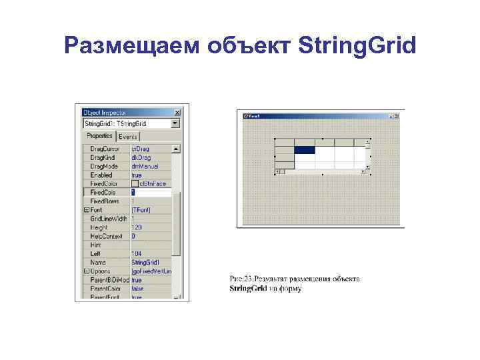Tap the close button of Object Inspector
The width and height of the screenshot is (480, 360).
coord(177,113)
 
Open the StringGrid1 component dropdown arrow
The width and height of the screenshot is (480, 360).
coord(175,123)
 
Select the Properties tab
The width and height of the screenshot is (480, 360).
coord(99,136)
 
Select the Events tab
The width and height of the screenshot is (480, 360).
coord(128,137)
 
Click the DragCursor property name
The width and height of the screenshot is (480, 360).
coord(105,149)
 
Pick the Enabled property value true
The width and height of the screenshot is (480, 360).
coord(136,175)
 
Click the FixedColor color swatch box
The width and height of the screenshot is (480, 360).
coord(135,183)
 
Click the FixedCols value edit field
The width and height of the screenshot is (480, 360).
coord(150,192)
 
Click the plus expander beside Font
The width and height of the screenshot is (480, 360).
coord(87,209)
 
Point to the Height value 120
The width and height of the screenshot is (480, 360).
coord(137,227)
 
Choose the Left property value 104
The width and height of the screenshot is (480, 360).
coord(137,254)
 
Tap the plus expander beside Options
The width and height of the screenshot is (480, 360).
coord(87,271)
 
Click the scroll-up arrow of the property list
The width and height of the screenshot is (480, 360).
coord(176,149)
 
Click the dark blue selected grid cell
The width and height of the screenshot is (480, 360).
coord(305,150)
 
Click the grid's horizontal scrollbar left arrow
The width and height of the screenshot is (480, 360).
coord(279,171)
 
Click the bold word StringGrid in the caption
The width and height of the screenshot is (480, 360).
coord(248,289)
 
